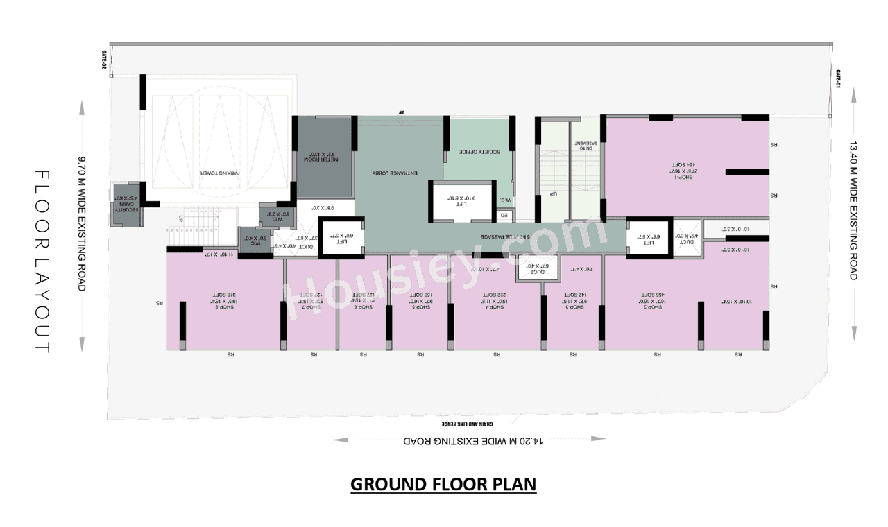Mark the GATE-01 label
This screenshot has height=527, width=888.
click(838, 79)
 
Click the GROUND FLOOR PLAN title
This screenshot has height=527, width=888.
click(443, 484)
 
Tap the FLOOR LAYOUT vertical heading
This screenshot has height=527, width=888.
click(42, 262)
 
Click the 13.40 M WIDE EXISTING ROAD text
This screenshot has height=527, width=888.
click(853, 211)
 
